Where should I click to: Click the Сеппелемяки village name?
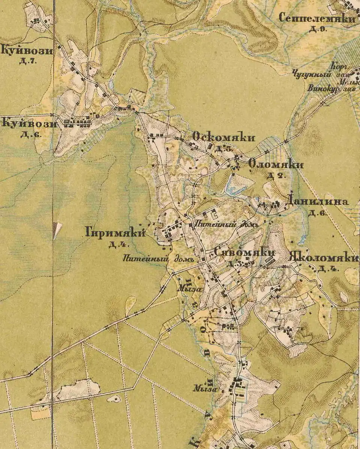pyautogui.click(x=317, y=18)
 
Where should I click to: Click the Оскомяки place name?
pyautogui.click(x=223, y=138)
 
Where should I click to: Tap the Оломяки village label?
pyautogui.click(x=276, y=164)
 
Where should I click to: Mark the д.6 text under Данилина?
pyautogui.click(x=317, y=213)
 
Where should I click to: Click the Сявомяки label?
pyautogui.click(x=244, y=253)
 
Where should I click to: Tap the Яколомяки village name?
pyautogui.click(x=324, y=258)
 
